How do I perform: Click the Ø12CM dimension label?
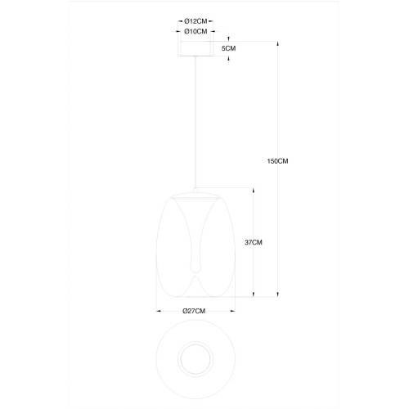pos(196,21)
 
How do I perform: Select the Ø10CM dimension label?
pos(196,31)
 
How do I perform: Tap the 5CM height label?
pos(228,48)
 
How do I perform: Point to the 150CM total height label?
pos(277,161)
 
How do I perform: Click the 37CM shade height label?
pos(254,242)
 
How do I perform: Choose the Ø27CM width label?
pos(194,311)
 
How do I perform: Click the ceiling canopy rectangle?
pos(196,48)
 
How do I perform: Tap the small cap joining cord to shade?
pos(196,191)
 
